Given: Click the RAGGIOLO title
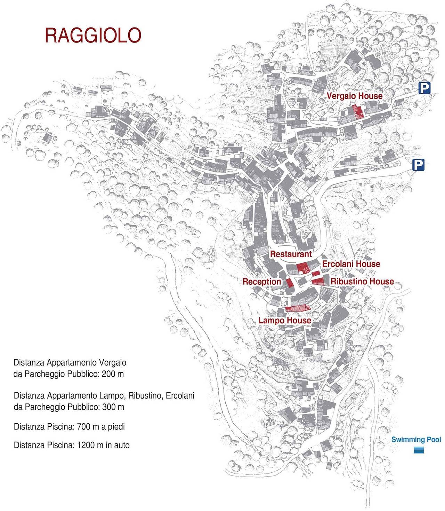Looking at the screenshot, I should click(x=93, y=35).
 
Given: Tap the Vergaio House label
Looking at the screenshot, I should click(x=354, y=96).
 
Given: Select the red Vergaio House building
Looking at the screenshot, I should click(x=357, y=111).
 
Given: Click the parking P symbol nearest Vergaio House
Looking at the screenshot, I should click(x=424, y=88).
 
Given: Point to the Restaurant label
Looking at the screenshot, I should click(x=291, y=254).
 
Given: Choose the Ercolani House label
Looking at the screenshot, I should click(x=351, y=264).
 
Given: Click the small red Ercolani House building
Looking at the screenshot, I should click(x=316, y=273).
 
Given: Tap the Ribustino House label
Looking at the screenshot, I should click(x=362, y=281).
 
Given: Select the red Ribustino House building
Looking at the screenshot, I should click(x=318, y=281).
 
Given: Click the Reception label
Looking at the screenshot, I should click(x=262, y=282).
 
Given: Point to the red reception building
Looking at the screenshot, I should click(x=290, y=282).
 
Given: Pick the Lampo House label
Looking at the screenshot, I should click(x=284, y=320).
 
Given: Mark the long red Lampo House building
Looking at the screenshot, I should click(x=298, y=308).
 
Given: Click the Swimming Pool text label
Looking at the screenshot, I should click(x=416, y=439).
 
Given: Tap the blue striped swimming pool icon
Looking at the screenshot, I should click(x=419, y=450).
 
